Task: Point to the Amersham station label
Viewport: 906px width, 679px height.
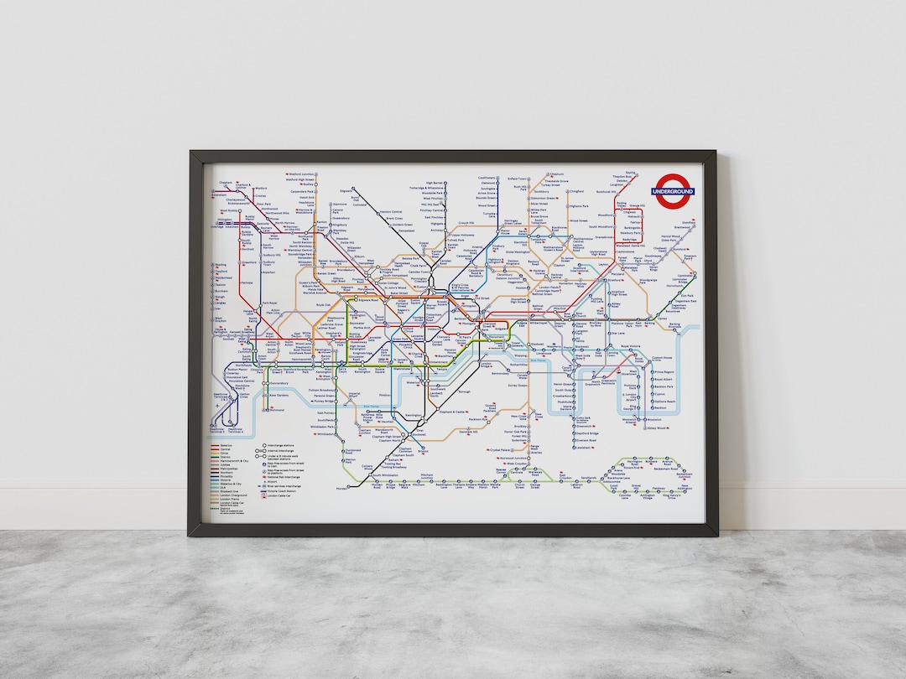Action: pyautogui.click(x=220, y=194)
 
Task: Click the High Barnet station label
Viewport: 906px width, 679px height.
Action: pyautogui.click(x=434, y=183)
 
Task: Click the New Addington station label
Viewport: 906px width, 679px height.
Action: pyautogui.click(x=685, y=488)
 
